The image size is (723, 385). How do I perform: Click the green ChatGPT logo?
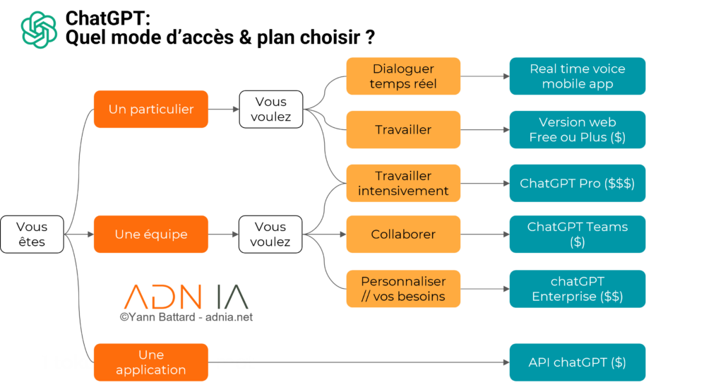tap(39, 30)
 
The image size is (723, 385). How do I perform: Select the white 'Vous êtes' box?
tap(32, 234)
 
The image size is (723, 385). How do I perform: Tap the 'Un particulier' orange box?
tap(151, 109)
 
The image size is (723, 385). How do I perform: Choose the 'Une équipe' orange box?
tap(151, 234)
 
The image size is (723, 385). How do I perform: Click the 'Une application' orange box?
tap(151, 362)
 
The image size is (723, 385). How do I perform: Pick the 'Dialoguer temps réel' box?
tap(403, 76)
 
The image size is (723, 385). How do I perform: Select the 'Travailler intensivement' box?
tap(403, 183)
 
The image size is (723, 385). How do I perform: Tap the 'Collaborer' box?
tap(403, 234)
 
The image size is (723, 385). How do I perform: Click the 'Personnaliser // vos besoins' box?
tap(403, 288)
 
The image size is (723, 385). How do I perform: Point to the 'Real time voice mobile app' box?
tap(578, 76)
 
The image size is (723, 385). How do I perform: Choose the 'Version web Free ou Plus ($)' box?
tap(578, 129)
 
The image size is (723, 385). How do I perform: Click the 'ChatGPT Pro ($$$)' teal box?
tap(578, 183)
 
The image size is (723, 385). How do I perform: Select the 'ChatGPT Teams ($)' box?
tap(578, 234)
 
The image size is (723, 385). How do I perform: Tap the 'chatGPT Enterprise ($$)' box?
tap(578, 288)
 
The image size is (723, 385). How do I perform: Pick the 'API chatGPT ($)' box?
tap(578, 362)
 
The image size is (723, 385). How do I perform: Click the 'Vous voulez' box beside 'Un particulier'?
tap(270, 109)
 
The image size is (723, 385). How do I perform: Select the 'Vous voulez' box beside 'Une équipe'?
tap(270, 234)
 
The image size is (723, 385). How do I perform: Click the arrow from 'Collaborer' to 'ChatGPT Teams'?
tap(484, 234)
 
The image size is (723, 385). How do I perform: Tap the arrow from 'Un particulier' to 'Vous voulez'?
tap(224, 109)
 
